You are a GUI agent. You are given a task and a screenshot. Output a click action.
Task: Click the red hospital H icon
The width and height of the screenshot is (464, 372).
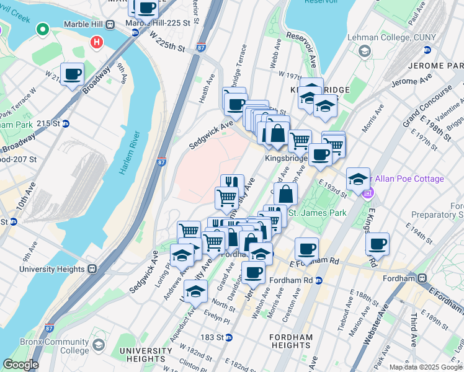point(96,42)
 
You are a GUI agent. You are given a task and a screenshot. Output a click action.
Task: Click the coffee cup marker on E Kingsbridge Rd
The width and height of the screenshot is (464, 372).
point(377,244)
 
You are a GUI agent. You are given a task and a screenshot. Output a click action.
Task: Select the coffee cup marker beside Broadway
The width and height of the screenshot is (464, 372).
point(72,75)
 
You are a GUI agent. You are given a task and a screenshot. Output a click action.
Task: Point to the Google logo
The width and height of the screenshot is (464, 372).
point(20,365)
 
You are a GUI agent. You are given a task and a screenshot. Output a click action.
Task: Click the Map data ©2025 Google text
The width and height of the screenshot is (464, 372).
point(426,367)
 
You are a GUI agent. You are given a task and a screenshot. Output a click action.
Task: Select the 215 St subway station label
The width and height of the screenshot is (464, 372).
point(51,123)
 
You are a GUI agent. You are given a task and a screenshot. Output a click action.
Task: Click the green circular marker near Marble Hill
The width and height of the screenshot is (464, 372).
point(43,29)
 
